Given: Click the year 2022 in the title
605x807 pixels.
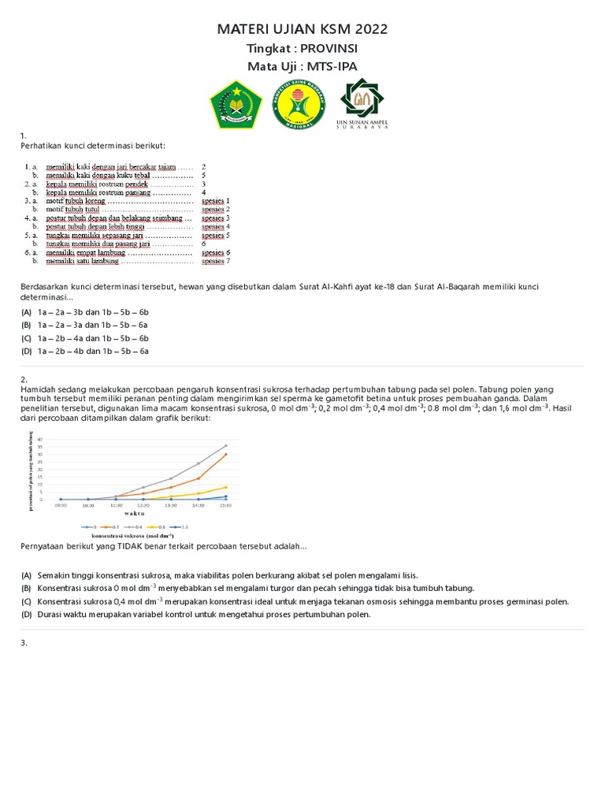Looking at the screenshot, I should click(371, 30).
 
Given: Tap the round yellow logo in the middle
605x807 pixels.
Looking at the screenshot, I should click(299, 106).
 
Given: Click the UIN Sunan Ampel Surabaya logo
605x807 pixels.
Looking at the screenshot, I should click(362, 106).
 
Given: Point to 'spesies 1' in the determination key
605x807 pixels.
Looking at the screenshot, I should click(215, 201).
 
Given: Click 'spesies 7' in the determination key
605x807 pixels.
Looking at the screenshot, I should click(215, 261).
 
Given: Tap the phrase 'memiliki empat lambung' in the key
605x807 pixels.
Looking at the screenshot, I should click(85, 253).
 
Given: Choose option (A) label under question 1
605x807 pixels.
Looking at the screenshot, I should click(26, 313).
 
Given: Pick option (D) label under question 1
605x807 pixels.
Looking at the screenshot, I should click(26, 351).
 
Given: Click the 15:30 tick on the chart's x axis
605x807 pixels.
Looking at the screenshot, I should click(225, 506).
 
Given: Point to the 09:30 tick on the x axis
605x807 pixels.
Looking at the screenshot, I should click(61, 506).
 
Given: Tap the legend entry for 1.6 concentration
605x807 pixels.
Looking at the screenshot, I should click(182, 526).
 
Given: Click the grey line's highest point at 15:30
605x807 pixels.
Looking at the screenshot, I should click(226, 445).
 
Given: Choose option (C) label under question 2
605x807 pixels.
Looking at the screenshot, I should click(26, 602).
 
